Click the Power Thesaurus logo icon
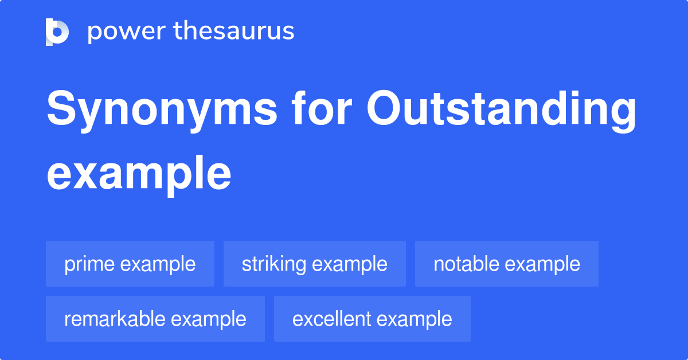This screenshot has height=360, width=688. coord(57,32)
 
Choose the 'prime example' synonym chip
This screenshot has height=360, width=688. coord(130,264)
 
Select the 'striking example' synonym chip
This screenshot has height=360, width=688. coord(314,264)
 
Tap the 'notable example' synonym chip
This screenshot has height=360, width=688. coord(506,264)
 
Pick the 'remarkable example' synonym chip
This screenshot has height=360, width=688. coord(155,319)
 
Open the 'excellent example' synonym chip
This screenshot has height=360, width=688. coord(372,319)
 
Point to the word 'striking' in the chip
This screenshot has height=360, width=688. coord(274,264)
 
